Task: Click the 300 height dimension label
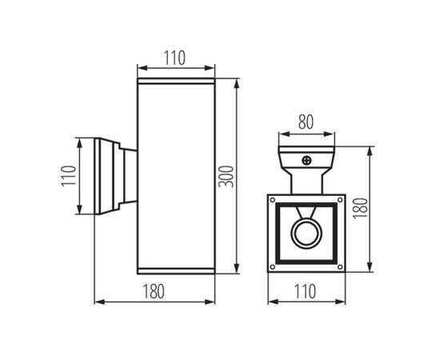tap(226, 177)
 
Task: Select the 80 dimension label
tap(306, 122)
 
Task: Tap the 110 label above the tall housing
tap(174, 58)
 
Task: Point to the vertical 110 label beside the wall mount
tap(69, 176)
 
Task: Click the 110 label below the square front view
tap(305, 291)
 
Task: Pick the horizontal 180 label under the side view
tap(154, 291)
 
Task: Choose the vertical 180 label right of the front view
tap(360, 208)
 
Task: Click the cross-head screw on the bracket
tap(306, 161)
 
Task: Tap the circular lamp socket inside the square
tap(306, 234)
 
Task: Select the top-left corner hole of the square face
tap(273, 200)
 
